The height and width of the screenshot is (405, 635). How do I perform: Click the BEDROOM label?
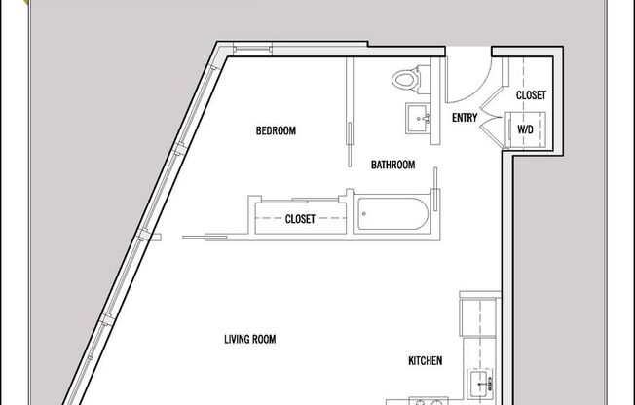(x=276, y=130)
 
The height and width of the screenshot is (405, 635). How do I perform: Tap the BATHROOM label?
(x=393, y=165)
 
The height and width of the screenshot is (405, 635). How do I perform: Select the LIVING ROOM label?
(x=250, y=340)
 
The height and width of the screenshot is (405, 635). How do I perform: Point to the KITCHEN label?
(x=426, y=361)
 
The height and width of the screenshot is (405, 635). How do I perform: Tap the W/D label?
(x=525, y=129)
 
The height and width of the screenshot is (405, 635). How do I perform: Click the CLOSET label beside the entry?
(x=530, y=95)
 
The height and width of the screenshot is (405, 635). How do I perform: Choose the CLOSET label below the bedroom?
(x=300, y=219)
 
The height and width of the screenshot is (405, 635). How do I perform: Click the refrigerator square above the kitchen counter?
(x=477, y=317)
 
